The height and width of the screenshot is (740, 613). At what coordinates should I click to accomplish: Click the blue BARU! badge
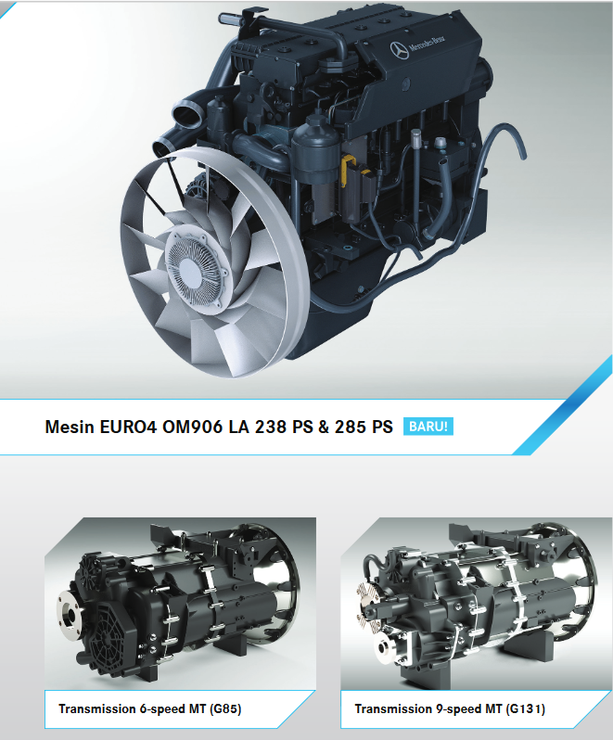(x=428, y=427)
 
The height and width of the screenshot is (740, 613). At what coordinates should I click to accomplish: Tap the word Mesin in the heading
(x=70, y=427)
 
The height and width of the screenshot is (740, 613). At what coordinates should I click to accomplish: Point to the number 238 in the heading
(x=271, y=427)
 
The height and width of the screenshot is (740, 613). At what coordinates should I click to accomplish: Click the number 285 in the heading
(x=351, y=427)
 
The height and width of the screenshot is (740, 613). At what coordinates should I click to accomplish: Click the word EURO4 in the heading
(x=128, y=427)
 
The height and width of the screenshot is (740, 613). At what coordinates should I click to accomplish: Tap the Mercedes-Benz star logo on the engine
(x=399, y=50)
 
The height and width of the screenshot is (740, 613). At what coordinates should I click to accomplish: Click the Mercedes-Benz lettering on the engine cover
(x=427, y=43)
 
